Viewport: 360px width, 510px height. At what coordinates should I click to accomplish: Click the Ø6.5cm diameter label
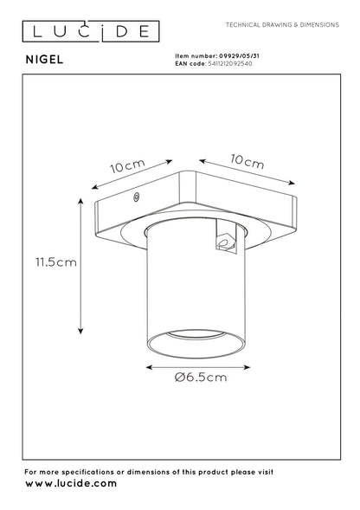click(202, 378)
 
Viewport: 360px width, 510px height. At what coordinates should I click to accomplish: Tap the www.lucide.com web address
click(71, 483)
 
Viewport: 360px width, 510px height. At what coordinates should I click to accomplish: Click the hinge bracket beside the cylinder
click(226, 245)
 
